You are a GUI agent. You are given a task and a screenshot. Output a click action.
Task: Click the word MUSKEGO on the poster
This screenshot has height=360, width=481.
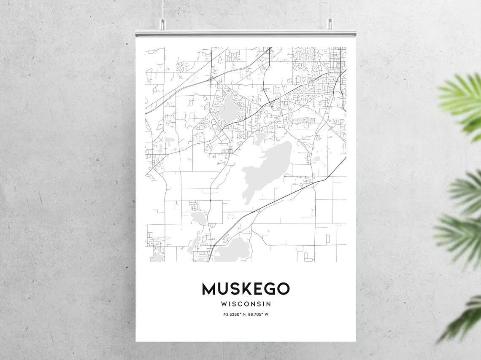pyautogui.click(x=246, y=289)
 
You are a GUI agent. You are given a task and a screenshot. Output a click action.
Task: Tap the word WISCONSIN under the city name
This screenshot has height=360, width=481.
pyautogui.click(x=246, y=304)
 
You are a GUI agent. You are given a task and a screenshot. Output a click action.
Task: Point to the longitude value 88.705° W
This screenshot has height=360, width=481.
pyautogui.click(x=258, y=314)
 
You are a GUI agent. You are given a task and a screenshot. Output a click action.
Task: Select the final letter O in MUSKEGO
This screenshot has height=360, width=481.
pyautogui.click(x=284, y=289)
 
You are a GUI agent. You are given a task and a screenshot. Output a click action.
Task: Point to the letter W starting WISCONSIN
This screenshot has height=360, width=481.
pyautogui.click(x=224, y=304)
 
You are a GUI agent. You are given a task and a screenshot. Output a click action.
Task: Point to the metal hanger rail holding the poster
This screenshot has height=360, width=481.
pyautogui.click(x=246, y=33)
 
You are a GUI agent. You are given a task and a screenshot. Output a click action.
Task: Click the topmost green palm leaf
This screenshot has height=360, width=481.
pyautogui.click(x=462, y=97)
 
